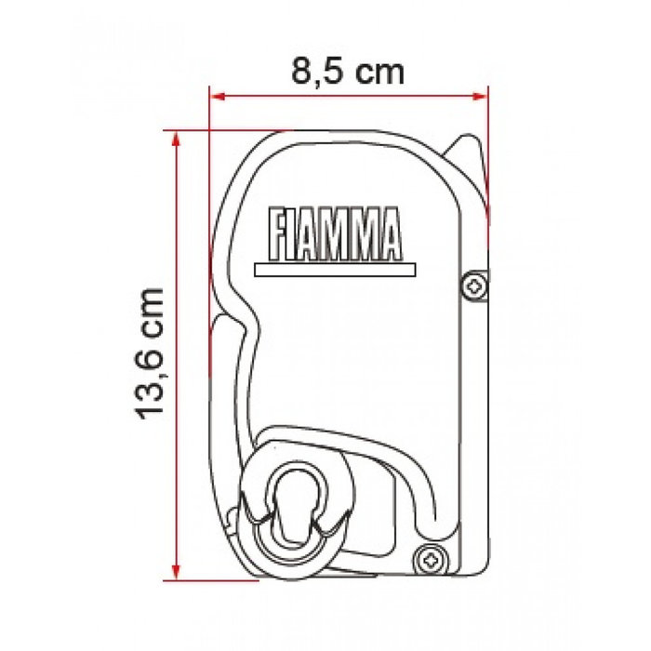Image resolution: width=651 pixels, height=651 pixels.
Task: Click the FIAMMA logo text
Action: pos(334,234)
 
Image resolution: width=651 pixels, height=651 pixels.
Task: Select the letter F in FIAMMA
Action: pos(276,234)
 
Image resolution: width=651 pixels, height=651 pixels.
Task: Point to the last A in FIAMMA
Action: pos(389,234)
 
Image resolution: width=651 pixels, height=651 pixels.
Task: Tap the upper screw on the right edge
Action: pos(476,286)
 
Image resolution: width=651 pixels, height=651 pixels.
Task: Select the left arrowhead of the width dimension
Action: pos(215,93)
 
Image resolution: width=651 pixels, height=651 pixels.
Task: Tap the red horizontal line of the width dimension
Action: pos(279,93)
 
